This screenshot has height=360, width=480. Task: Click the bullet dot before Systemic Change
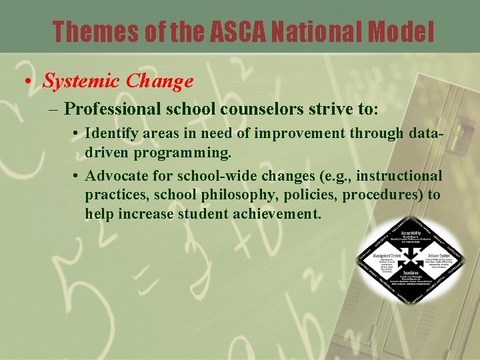pos(27,82)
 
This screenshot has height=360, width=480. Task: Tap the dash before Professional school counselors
pos(55,109)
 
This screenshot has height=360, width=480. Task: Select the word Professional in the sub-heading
pos(113,109)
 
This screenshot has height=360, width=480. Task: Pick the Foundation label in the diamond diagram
pos(410,273)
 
